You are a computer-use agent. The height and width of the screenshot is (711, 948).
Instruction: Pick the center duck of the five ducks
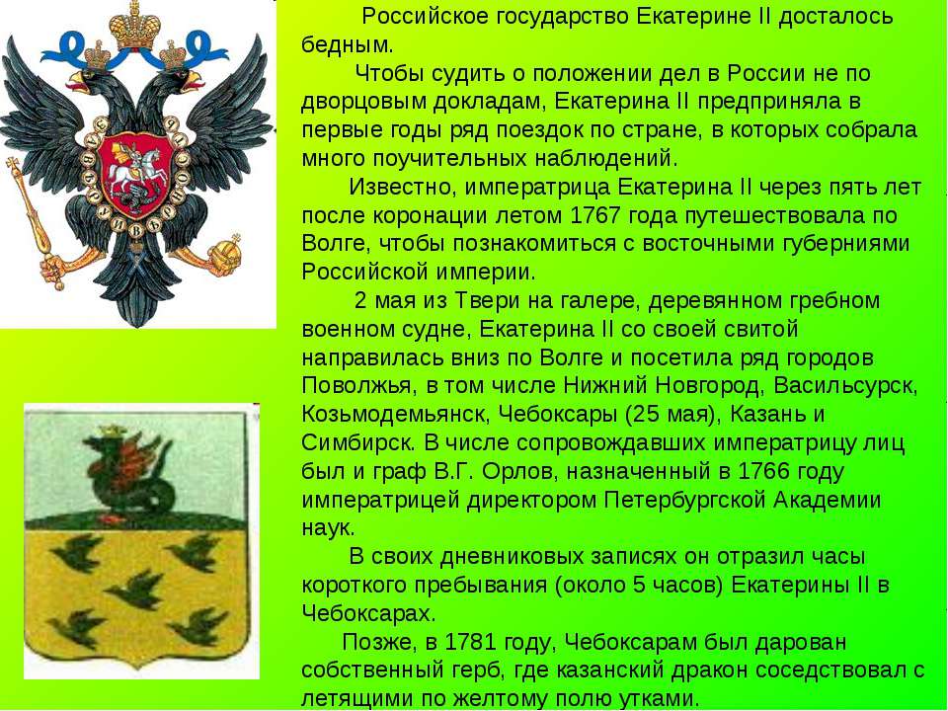click(134, 591)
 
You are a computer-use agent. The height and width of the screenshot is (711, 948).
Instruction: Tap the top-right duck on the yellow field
click(196, 553)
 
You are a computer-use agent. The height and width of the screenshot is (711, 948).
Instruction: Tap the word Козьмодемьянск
click(395, 416)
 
